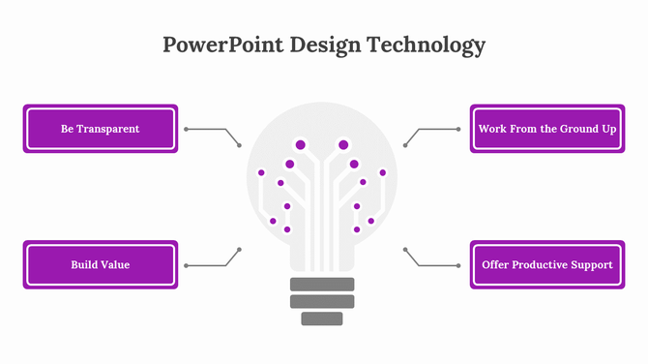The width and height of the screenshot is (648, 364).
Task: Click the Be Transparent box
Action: click(101, 129)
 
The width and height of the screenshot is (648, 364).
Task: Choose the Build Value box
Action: click(101, 264)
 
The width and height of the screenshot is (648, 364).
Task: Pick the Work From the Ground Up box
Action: click(547, 129)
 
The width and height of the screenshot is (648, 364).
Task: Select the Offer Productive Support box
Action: click(547, 264)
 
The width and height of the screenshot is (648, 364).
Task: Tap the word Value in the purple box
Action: click(115, 264)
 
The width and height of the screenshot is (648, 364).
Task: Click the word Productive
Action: click(545, 264)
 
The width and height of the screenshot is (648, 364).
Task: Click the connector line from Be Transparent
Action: click(208, 129)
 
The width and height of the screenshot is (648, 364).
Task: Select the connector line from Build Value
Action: click(208, 264)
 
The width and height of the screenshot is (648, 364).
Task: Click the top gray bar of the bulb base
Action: click(323, 284)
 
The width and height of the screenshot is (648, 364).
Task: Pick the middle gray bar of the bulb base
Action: click(323, 301)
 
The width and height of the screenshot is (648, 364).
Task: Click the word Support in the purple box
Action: click(592, 264)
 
